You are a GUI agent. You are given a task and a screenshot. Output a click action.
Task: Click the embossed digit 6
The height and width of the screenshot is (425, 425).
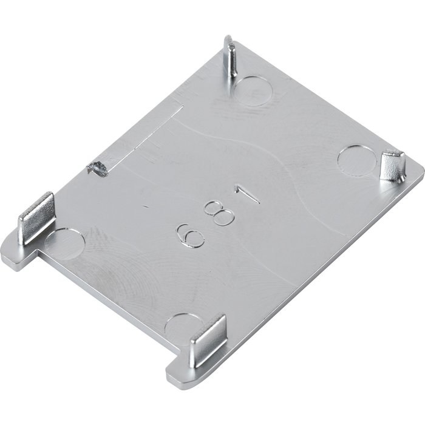click(x=190, y=236)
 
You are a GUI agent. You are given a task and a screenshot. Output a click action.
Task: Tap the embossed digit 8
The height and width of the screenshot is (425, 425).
click(x=220, y=212)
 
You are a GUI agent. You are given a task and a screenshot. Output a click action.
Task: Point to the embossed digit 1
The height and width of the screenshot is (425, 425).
click(x=247, y=194)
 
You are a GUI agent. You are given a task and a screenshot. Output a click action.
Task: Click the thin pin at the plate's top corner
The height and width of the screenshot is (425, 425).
click(x=230, y=56)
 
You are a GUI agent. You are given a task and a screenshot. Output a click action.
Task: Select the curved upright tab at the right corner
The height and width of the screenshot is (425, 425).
click(x=392, y=166)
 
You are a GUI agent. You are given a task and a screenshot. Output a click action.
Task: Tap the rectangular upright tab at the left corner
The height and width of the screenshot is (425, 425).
click(x=36, y=217)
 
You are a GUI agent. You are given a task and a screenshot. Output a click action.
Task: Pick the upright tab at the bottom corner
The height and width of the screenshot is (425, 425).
click(x=208, y=341)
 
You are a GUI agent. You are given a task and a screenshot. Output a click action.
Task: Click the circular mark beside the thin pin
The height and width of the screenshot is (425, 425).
click(x=253, y=91)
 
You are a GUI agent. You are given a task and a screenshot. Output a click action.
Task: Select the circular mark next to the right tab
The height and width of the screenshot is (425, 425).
click(x=357, y=160)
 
